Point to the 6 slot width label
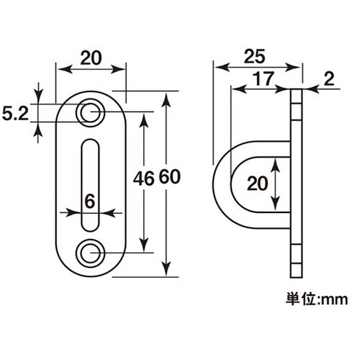[89, 202]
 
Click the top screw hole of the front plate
[91, 112]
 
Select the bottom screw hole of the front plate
[91, 252]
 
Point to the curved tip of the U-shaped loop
[217, 184]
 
